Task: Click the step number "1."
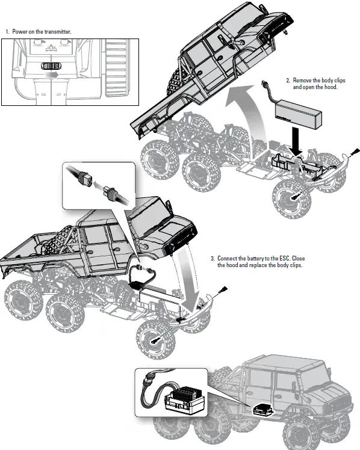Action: coord(8,31)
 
